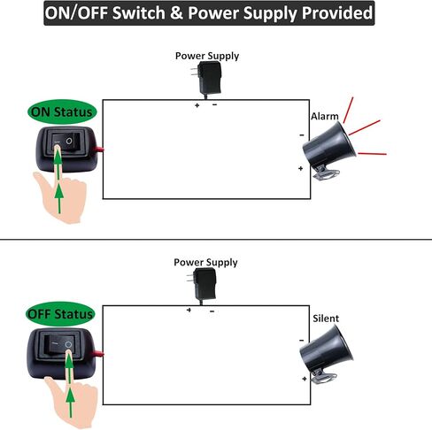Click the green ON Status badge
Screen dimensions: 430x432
coord(61,112)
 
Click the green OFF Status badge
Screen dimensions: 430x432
coord(61,314)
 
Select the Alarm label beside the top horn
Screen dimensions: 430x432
coord(324,117)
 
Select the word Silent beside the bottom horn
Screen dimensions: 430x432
coord(325,319)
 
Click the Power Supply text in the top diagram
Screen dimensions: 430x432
coord(206,56)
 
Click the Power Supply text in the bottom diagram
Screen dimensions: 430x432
coord(206,263)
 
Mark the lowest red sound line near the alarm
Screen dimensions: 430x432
coord(372,154)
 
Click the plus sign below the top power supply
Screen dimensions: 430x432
coord(197,104)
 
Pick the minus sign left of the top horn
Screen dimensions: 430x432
coord(302,135)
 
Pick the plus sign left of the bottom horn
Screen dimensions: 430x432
coord(305,379)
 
